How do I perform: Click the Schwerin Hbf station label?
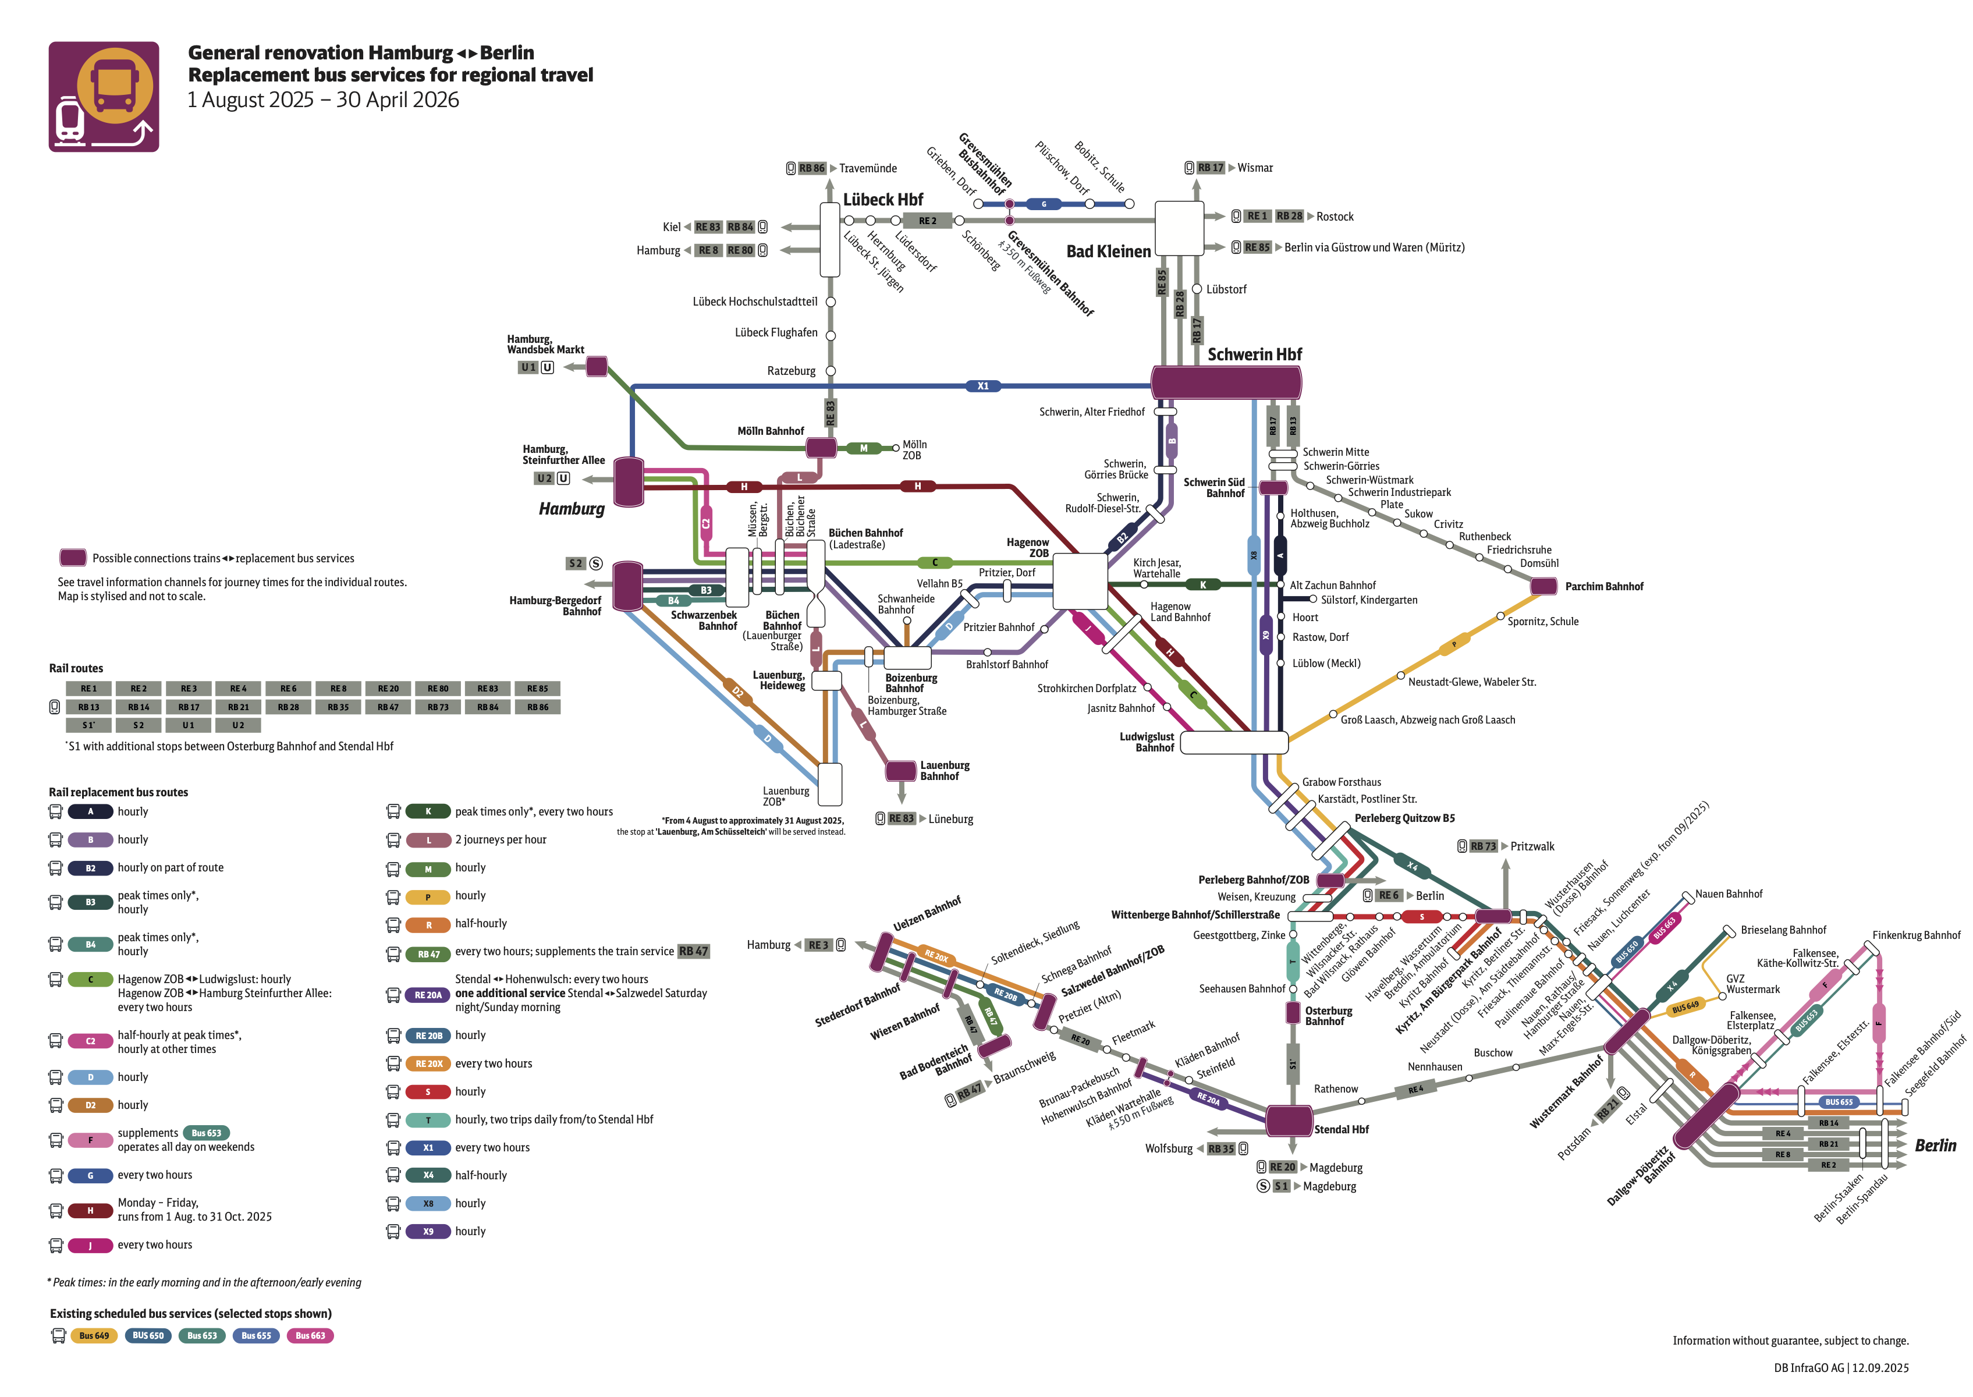pos(1254,354)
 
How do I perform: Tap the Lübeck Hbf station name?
pos(882,200)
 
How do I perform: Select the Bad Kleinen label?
pos(1108,251)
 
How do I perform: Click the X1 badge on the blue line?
pos(982,387)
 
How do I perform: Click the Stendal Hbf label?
pos(1341,1129)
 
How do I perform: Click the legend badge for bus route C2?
pos(90,1041)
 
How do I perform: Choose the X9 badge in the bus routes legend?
pos(428,1231)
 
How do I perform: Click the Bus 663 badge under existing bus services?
pos(310,1336)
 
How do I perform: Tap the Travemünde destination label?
pos(867,169)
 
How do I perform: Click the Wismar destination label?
pos(1254,168)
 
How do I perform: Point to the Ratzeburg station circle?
pos(831,371)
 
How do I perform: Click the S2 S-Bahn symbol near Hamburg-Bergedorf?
pos(595,563)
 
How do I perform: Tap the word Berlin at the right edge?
pos(1935,1146)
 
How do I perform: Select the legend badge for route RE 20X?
pos(428,1063)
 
